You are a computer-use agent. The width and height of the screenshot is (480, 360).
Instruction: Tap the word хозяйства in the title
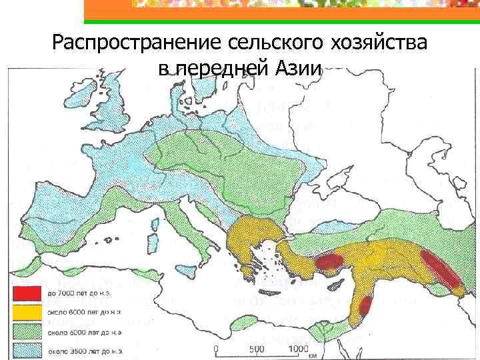point(377,45)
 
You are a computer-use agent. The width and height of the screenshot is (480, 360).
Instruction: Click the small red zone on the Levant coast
point(365,307)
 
